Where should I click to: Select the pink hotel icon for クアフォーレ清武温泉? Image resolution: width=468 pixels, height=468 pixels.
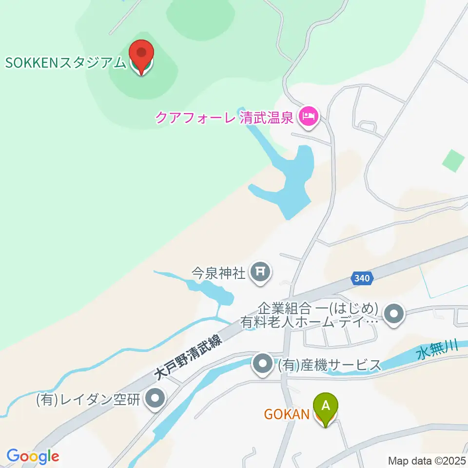(308, 117)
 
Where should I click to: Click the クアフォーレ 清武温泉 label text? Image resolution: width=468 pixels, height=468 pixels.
(224, 117)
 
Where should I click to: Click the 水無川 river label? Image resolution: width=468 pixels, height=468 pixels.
(437, 352)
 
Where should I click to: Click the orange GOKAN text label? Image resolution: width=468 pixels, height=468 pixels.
(287, 414)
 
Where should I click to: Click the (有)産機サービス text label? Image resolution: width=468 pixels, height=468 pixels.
(329, 365)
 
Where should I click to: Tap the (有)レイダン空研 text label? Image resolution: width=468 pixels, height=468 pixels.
(89, 400)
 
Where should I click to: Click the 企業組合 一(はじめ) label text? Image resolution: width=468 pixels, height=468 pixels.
(318, 309)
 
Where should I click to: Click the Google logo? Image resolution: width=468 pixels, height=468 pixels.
(33, 456)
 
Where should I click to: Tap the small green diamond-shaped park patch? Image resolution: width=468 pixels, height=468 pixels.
(453, 161)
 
